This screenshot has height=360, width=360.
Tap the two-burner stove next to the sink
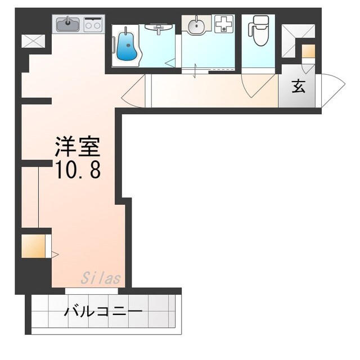coord(94,24)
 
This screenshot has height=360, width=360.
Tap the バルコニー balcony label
coord(102,311)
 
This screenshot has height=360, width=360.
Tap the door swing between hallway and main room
coord(133,90)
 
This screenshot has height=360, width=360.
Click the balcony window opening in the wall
coord(91,291)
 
